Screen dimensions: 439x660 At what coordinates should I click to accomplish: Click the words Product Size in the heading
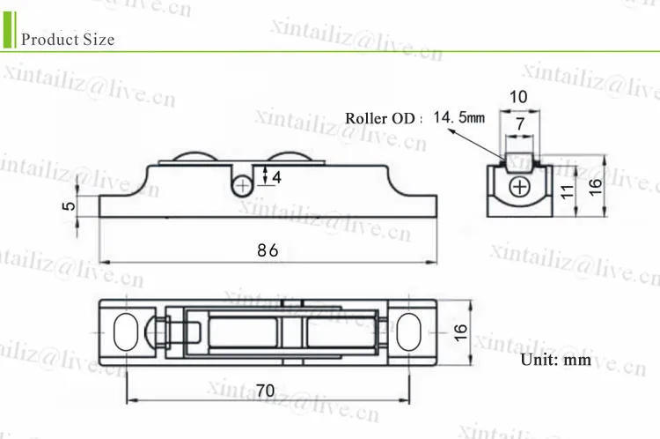[x=68, y=40]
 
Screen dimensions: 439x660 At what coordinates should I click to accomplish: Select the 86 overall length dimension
[x=268, y=249]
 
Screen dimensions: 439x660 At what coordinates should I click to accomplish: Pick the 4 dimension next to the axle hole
[x=276, y=178]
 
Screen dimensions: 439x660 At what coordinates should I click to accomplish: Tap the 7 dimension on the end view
[x=520, y=125]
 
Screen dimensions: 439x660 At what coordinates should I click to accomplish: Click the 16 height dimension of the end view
[x=596, y=186]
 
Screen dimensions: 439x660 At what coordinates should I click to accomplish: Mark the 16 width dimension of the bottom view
[x=459, y=333]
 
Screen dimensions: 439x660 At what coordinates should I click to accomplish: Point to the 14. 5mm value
[x=459, y=116]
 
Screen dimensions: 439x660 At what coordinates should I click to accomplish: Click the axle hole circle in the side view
[x=244, y=184]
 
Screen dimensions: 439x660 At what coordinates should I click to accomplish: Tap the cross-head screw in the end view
[x=522, y=187]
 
